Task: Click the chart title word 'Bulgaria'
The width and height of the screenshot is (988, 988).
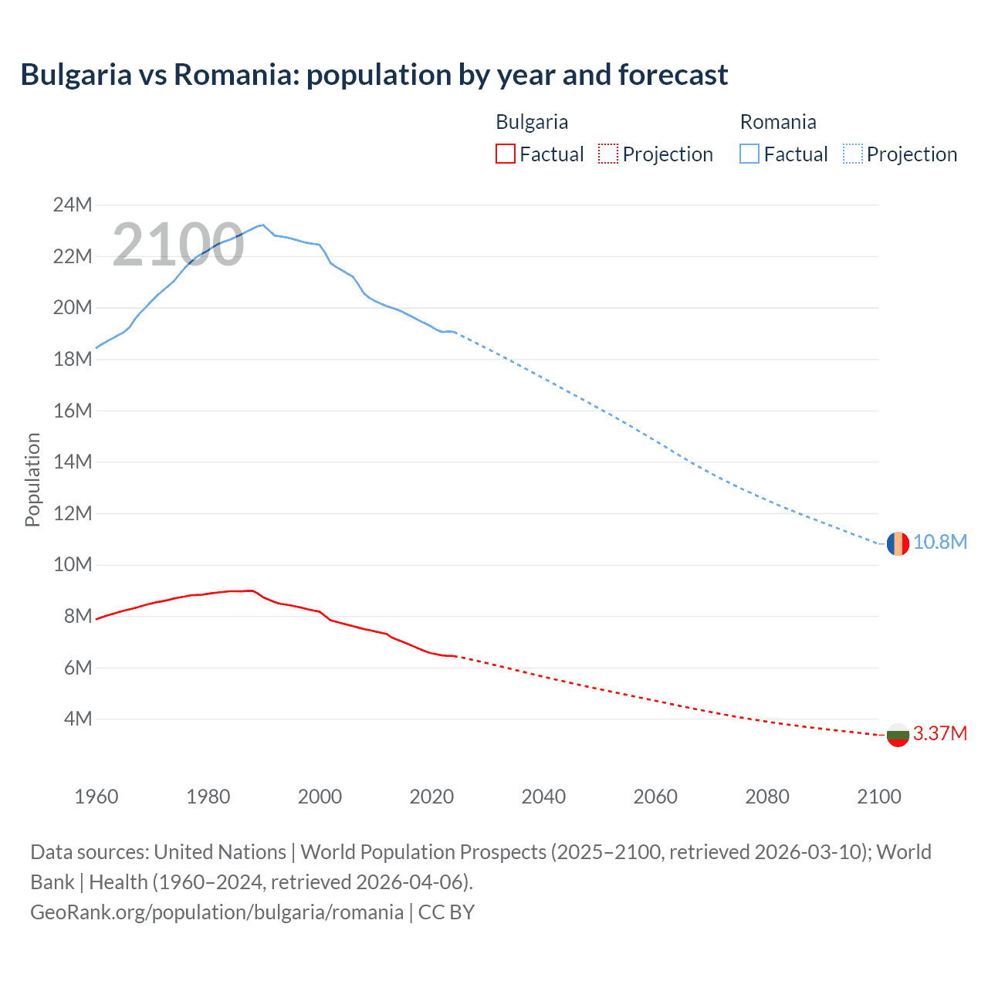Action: click(x=76, y=75)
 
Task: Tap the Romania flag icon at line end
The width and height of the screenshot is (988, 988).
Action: click(x=897, y=543)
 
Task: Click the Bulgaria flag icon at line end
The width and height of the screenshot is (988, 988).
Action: click(x=897, y=735)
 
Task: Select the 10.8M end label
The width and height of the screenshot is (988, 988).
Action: click(x=939, y=543)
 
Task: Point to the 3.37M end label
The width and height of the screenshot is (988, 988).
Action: click(x=939, y=734)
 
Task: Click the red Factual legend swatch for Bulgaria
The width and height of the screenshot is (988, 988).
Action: click(x=505, y=154)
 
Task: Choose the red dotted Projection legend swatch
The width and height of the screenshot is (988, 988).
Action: click(x=608, y=154)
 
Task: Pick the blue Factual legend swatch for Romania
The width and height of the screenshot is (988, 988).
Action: click(x=749, y=154)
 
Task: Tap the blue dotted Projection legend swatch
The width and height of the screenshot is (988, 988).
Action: click(x=852, y=154)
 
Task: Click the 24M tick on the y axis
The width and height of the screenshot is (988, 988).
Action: click(x=73, y=205)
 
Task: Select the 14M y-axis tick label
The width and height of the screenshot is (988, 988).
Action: click(x=73, y=462)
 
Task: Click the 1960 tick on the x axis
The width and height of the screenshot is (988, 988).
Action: click(x=96, y=797)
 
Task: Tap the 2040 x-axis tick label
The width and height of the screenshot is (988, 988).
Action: click(x=543, y=797)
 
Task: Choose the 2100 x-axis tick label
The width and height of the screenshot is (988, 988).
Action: click(x=878, y=797)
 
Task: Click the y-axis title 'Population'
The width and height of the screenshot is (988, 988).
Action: click(x=32, y=479)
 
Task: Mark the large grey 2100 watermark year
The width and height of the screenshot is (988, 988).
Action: click(x=178, y=245)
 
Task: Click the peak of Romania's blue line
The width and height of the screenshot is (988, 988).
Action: click(x=262, y=225)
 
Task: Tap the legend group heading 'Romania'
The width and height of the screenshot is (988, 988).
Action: click(x=777, y=122)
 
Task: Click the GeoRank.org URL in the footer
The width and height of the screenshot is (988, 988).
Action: click(x=217, y=912)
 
